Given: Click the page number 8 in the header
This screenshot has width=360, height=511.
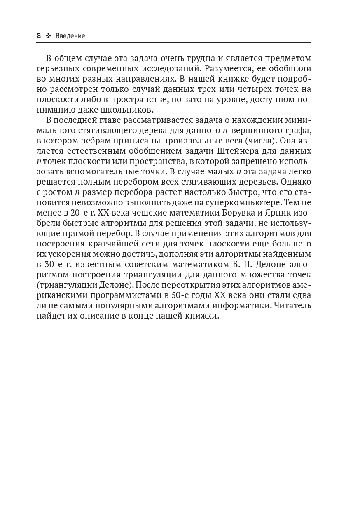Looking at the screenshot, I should (x=39, y=36).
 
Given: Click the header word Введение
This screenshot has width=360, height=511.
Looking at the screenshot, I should (x=70, y=36).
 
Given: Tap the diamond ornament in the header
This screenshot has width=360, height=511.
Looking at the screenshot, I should (x=48, y=36).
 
